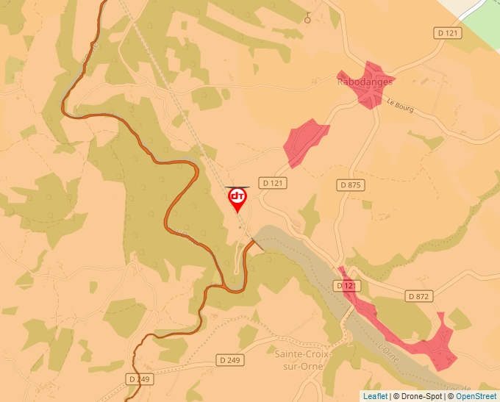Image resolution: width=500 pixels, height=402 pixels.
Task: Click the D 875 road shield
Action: click(351, 185)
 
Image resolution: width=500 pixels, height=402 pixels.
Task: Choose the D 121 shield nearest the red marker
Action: click(273, 182)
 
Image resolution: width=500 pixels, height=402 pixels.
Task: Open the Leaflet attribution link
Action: click(375, 396)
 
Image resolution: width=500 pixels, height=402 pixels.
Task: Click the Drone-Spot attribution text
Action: click(420, 396)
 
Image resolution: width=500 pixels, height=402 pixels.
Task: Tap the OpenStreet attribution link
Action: click(476, 396)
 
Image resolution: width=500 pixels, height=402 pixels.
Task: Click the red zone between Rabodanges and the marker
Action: click(304, 139)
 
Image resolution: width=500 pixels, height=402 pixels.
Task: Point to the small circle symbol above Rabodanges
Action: click(307, 19)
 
